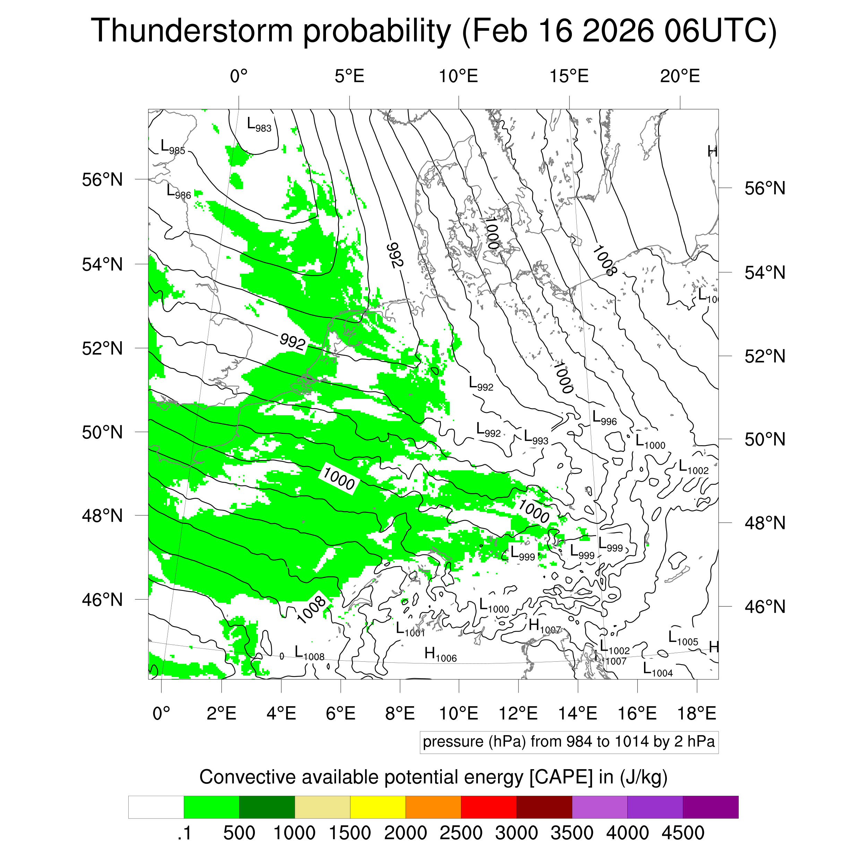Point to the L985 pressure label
pos(173,147)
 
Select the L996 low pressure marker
pos(604,418)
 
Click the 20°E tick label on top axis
pos(680,76)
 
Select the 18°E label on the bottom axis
pos(696,713)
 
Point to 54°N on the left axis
pos(102,264)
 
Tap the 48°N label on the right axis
pos(765,523)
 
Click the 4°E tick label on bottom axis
pos(281,713)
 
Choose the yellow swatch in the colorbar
pos(378,807)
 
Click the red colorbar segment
pos(489,807)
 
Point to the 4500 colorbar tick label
pos(683,833)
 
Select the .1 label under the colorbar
pos(184,833)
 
